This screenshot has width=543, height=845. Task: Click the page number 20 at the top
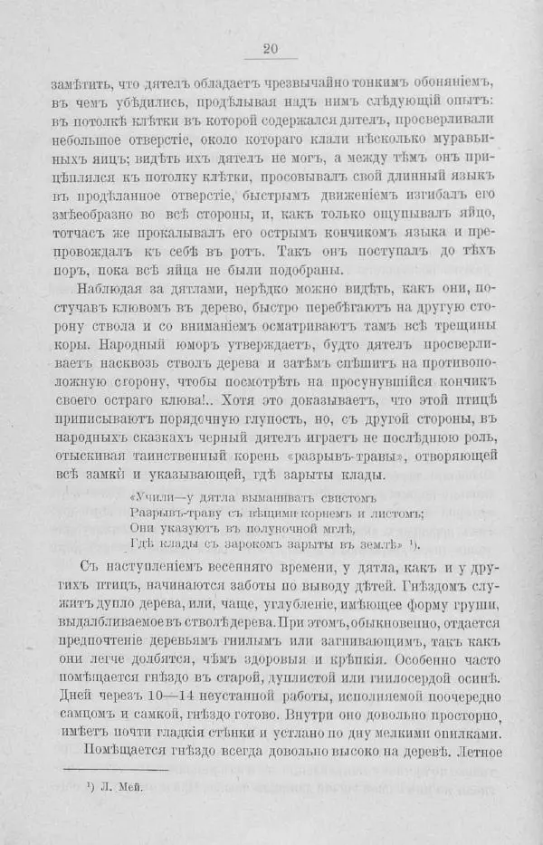pyautogui.click(x=271, y=50)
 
